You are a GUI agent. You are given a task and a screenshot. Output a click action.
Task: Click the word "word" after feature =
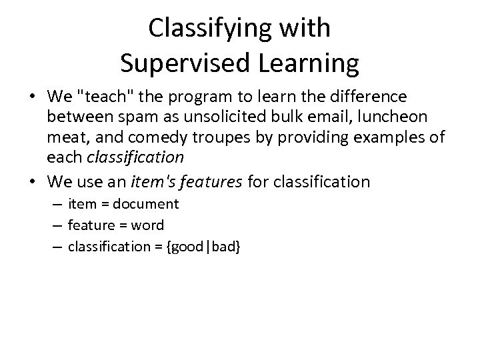point(149,225)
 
